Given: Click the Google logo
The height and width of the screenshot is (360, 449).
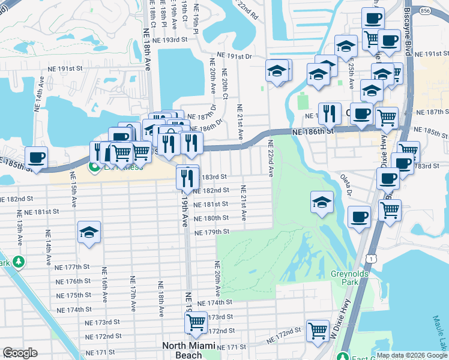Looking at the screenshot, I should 20,353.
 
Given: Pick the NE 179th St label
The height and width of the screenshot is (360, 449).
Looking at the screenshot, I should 212,232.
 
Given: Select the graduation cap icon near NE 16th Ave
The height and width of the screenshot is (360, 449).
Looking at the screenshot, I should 89,233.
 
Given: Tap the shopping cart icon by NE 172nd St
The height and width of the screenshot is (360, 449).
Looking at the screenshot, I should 317,330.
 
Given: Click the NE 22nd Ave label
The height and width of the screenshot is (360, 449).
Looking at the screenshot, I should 271,158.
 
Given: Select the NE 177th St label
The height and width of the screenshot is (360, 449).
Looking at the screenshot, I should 71,267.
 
